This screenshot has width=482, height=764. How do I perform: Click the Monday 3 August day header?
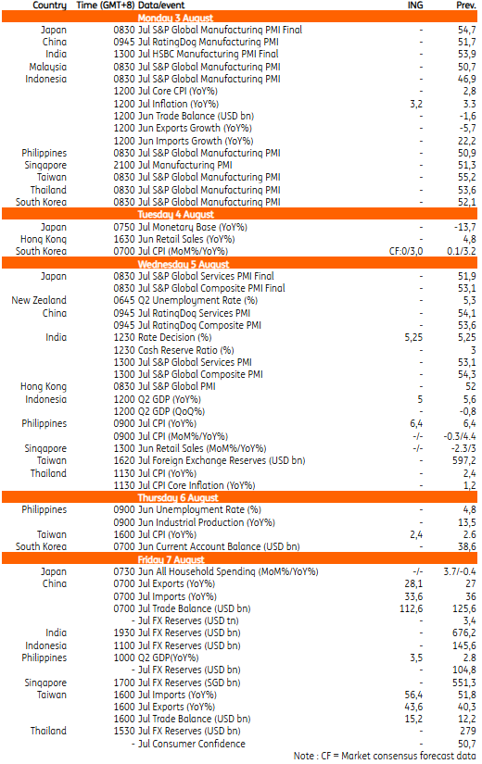coord(175,18)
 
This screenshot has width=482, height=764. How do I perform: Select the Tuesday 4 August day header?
coord(175,215)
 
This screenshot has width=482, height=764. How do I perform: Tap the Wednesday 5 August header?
coord(183,264)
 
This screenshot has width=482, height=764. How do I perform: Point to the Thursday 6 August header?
coord(178,497)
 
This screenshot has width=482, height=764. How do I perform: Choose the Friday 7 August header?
coord(171,559)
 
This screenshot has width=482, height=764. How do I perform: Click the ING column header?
coord(415,6)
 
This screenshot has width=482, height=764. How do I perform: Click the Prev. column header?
coord(466,6)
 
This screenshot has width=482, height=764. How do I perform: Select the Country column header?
coord(49,6)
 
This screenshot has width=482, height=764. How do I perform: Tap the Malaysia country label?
coord(48,67)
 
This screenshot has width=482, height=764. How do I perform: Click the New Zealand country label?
coord(39,300)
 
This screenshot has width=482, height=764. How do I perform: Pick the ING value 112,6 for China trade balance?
coord(412,608)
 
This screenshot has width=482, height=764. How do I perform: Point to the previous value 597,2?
coord(464,460)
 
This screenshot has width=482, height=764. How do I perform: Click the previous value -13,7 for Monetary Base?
coord(465,227)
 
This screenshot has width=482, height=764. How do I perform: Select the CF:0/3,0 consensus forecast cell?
coord(406,251)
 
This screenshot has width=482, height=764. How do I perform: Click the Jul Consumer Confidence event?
coord(192,744)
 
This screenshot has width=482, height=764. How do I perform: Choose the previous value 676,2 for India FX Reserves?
coord(464,632)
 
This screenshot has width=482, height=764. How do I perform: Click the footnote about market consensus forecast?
coord(385,756)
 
